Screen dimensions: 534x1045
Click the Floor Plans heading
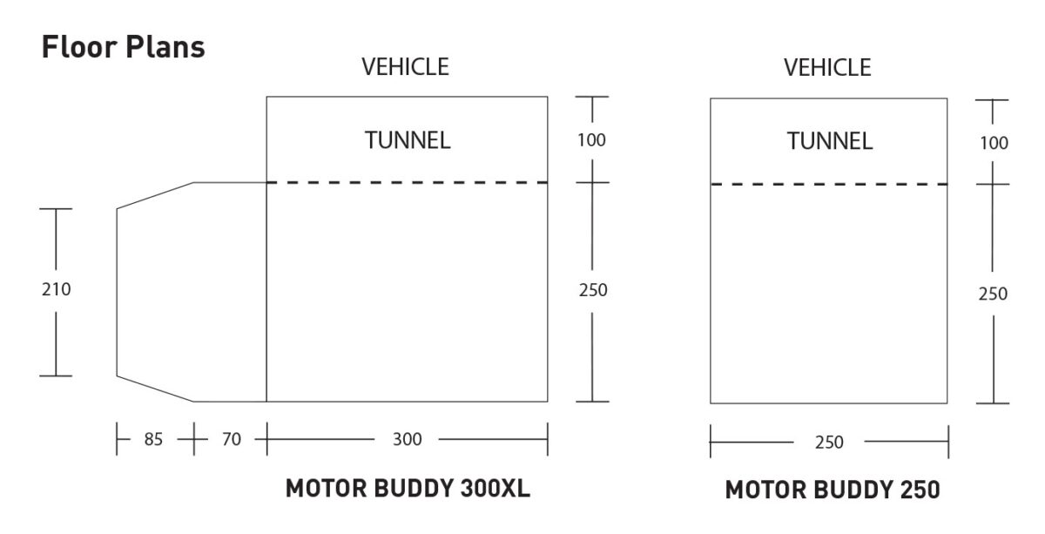tap(123, 47)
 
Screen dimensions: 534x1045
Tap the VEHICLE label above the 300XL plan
tap(406, 67)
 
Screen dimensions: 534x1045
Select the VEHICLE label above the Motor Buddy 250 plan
tap(827, 67)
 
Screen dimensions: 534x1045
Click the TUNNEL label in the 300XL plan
tap(408, 140)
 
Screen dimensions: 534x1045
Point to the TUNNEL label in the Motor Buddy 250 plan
tap(829, 141)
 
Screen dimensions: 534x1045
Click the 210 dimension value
tap(57, 290)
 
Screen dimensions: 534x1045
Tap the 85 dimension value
tap(154, 440)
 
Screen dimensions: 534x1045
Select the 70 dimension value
tap(230, 440)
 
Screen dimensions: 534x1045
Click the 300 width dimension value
tap(407, 440)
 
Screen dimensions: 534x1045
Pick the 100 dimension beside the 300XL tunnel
tap(592, 139)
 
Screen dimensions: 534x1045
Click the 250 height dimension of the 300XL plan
tap(592, 291)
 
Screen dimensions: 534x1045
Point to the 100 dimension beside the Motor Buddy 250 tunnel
tap(993, 143)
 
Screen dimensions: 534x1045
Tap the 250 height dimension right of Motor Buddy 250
tap(993, 294)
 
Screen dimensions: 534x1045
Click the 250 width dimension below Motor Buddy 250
tap(829, 443)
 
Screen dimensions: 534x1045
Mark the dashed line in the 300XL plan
tap(407, 183)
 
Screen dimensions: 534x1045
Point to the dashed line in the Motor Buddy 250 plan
tap(829, 185)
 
